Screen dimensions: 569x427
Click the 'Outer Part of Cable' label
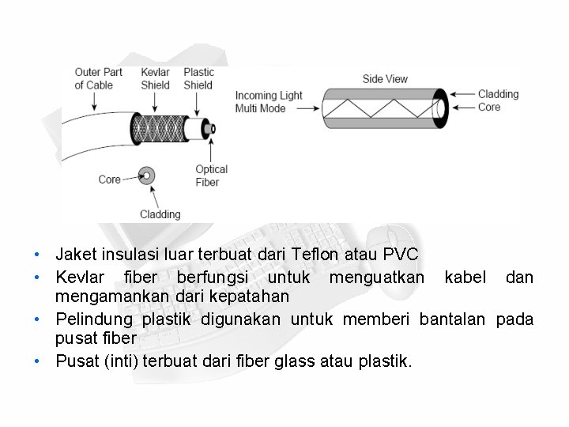[98, 79]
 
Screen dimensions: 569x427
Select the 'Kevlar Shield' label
[155, 79]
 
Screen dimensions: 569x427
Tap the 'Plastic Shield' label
[198, 79]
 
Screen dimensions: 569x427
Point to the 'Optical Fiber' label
[211, 176]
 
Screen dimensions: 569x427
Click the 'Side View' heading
[385, 79]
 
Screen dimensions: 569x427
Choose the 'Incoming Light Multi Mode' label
[269, 102]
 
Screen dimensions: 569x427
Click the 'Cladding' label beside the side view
[498, 94]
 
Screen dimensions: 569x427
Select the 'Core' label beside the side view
[489, 107]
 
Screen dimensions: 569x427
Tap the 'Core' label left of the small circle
[109, 179]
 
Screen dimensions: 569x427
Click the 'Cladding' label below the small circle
[160, 213]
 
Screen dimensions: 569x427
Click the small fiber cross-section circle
[145, 176]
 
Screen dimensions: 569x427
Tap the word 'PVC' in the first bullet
[400, 255]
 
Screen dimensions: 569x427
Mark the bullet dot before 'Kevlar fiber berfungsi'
[37, 278]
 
